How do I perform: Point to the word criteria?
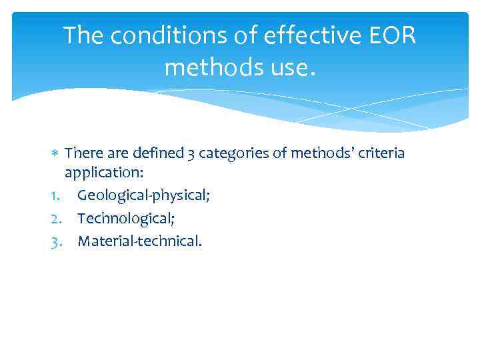click(x=380, y=154)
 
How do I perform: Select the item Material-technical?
click(x=139, y=241)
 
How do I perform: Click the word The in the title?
click(x=83, y=36)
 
